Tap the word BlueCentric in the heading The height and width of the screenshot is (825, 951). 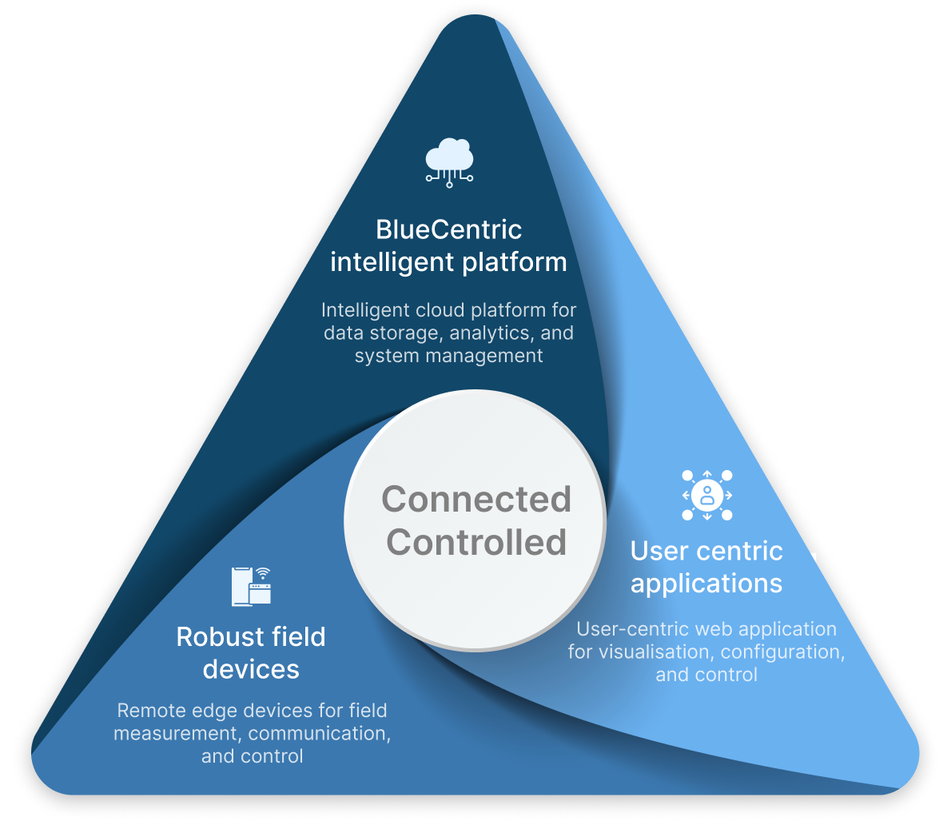click(x=449, y=230)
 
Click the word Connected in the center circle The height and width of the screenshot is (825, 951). click(x=476, y=500)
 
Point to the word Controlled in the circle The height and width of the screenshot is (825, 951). click(x=476, y=542)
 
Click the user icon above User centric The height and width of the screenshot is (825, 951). click(x=707, y=495)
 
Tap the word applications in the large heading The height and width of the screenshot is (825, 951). click(x=706, y=583)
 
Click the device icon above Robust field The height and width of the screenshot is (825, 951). click(x=251, y=586)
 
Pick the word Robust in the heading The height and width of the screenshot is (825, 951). click(x=213, y=637)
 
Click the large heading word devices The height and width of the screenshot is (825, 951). click(x=251, y=669)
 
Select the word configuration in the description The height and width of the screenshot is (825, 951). click(x=783, y=652)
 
